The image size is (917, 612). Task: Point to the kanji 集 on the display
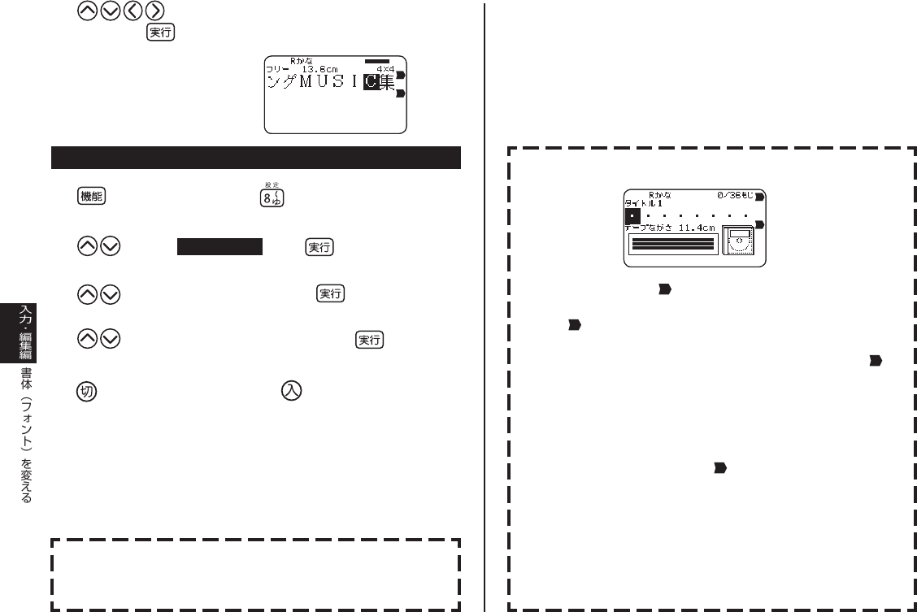click(x=388, y=82)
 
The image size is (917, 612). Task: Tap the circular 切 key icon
click(x=87, y=391)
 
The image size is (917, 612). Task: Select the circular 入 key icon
click(x=291, y=390)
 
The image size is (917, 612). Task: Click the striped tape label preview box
click(x=673, y=244)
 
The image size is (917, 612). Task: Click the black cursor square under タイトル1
click(x=632, y=216)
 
